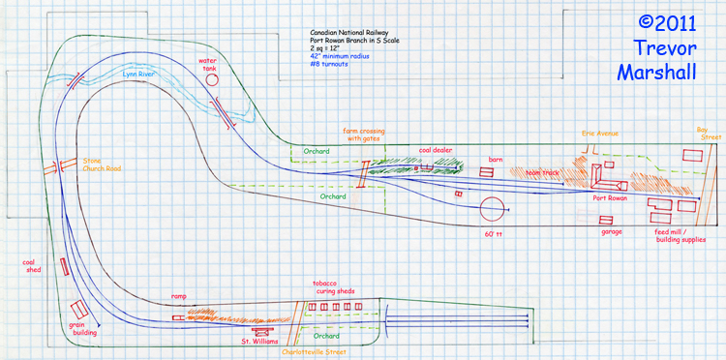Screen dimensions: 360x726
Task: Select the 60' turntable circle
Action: pyautogui.click(x=494, y=208)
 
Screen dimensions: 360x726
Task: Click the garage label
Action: pyautogui.click(x=611, y=232)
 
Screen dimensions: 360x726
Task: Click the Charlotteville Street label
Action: pyautogui.click(x=313, y=352)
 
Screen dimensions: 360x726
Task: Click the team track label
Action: pyautogui.click(x=542, y=172)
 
